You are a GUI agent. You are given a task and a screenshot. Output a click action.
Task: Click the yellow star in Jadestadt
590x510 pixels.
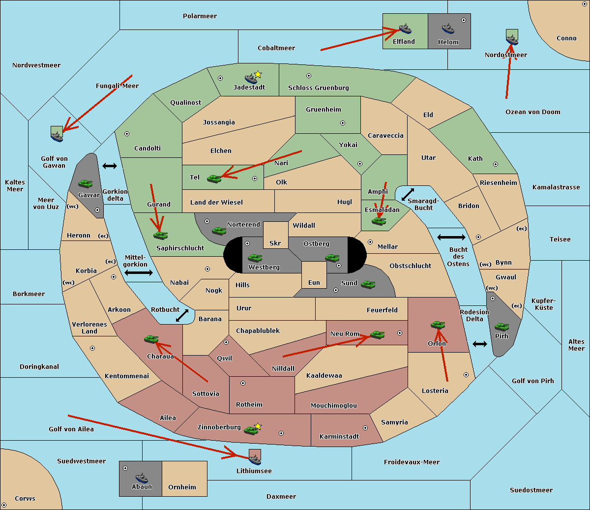point(258,74)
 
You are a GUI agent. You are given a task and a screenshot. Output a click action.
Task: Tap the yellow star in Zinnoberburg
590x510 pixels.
point(258,426)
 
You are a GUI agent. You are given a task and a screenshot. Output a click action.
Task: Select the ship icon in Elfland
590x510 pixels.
point(405,29)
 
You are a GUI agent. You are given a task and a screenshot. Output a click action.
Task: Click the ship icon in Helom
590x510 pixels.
point(447,29)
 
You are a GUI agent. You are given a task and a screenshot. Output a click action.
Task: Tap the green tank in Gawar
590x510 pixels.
point(85,183)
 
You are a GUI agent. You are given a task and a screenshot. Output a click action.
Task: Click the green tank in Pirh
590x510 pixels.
point(501,327)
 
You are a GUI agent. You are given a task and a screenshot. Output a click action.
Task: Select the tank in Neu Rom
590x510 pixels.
point(377,334)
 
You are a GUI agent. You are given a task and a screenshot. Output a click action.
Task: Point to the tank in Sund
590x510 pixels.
point(368,284)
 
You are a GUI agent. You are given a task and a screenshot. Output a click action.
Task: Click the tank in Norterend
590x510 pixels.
point(219,231)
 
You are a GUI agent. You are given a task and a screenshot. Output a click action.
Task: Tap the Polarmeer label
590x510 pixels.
point(200,16)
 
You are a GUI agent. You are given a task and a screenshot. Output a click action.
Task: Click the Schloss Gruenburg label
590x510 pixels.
point(318,88)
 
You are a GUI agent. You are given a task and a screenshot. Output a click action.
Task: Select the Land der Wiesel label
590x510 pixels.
point(216,202)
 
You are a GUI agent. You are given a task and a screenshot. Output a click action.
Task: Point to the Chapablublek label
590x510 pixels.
point(258,331)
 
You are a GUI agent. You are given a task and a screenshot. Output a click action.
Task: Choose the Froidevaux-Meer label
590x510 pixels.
point(412,462)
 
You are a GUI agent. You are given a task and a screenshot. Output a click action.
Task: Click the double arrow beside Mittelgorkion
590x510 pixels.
point(139,273)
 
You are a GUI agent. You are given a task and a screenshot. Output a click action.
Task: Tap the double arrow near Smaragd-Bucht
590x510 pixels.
point(408,195)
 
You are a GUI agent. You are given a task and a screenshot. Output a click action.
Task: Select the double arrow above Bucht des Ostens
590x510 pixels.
point(451,238)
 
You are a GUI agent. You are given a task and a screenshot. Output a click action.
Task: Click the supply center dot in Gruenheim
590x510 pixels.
point(343,123)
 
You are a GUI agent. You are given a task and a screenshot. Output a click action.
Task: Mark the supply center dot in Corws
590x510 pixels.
point(4,505)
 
